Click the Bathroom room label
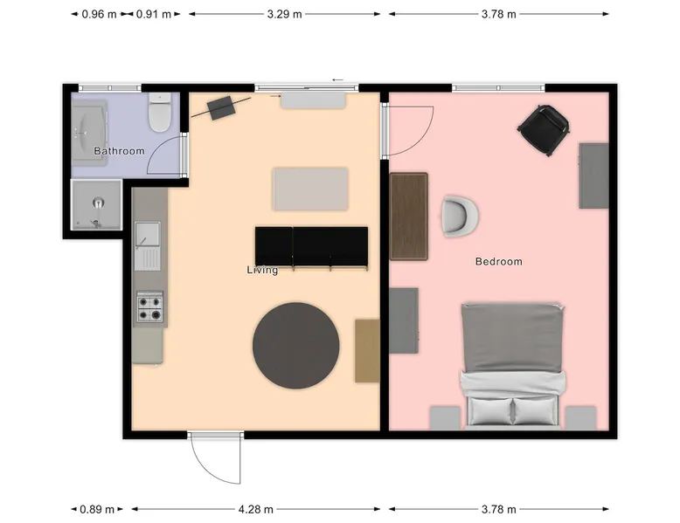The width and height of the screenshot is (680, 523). point(119,151)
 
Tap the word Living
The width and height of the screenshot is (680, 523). point(262,270)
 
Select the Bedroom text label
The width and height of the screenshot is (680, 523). point(499,261)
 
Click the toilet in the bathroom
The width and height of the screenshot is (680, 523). point(160,113)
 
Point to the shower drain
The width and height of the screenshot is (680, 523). point(99,203)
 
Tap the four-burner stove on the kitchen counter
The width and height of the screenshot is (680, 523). point(150,306)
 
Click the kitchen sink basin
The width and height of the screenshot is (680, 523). point(147,234)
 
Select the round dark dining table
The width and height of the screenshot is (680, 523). point(296,346)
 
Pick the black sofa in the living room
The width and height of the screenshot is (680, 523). point(311,248)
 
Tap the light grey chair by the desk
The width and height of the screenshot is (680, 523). point(460,217)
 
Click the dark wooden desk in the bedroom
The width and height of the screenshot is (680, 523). point(409,217)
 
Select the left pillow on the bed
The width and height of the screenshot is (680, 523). point(490,410)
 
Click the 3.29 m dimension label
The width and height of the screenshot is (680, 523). point(284,14)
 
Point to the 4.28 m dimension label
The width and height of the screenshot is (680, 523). point(256,509)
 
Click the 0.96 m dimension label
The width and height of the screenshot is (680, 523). point(100,14)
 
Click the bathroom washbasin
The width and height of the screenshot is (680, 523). point(89,132)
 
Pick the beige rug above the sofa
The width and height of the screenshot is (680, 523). point(310,189)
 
